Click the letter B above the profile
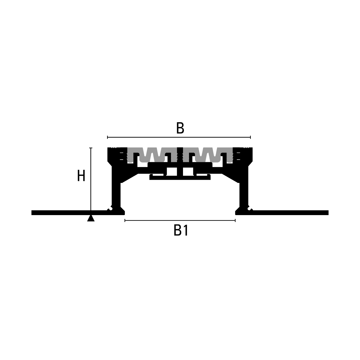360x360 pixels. point(180,128)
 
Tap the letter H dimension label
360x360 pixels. point(81,175)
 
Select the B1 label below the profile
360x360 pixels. point(181,230)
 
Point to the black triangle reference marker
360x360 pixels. point(91,218)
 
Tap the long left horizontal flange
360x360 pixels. point(69,213)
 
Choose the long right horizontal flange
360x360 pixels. point(290,213)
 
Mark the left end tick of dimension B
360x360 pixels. point(107,137)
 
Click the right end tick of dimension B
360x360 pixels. point(250,137)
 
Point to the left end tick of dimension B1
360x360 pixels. point(125,220)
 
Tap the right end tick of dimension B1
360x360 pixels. point(235,220)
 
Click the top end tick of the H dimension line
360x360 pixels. point(91,148)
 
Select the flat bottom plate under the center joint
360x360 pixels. point(180,178)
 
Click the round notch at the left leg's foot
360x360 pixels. point(111,208)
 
